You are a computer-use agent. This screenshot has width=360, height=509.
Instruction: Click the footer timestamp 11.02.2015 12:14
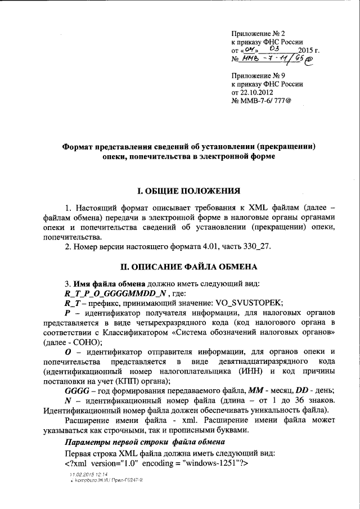point(85,475)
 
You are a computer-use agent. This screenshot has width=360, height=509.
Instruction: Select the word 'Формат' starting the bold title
point(80,146)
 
